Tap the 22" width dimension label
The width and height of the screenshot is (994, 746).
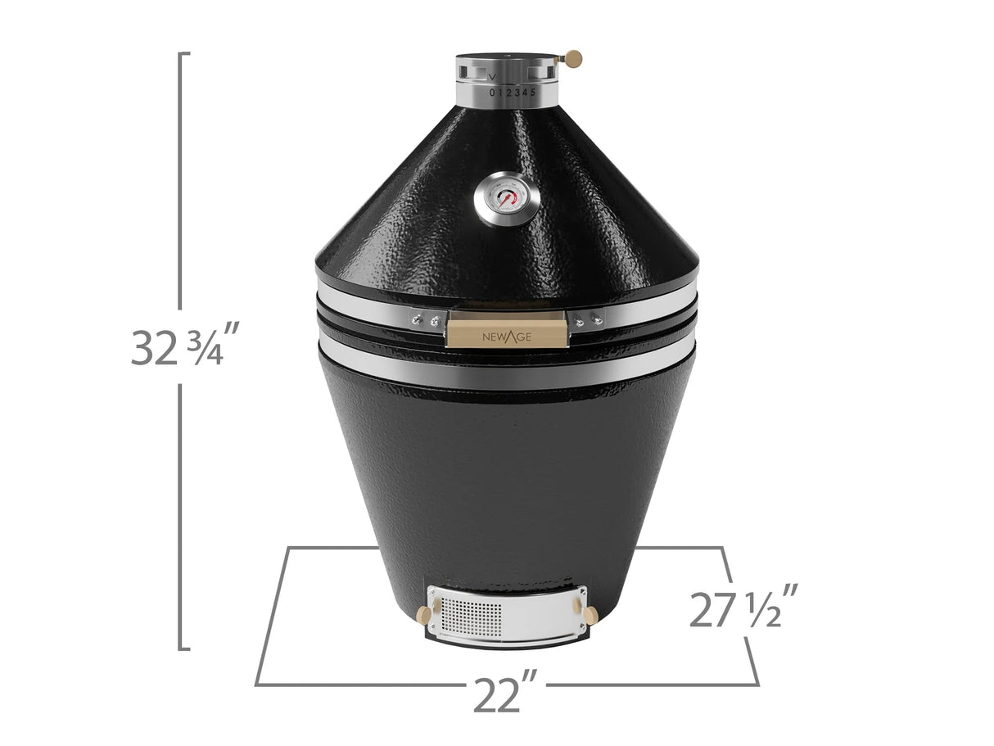[505, 697]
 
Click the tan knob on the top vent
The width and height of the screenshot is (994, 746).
[574, 57]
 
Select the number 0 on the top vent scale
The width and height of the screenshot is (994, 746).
[492, 93]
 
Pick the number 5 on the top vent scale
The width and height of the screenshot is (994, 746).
[534, 92]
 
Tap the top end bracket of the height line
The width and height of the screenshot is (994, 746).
[185, 54]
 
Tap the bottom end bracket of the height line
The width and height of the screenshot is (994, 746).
[185, 649]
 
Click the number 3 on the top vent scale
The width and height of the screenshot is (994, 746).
[517, 93]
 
